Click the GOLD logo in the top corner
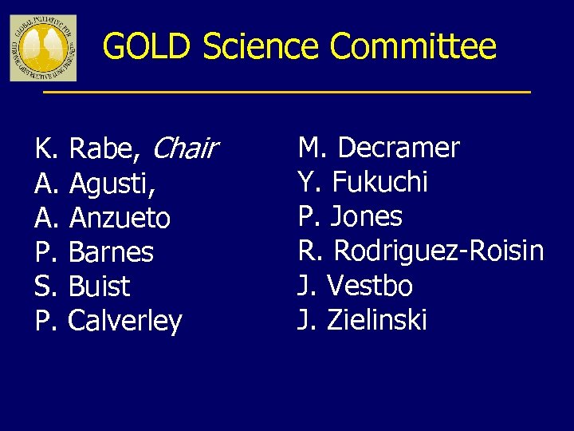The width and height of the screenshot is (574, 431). pos(43,48)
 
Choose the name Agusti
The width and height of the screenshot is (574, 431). pos(112,184)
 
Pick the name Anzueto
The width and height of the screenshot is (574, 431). pos(120,218)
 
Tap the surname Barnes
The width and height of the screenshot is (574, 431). pos(111,252)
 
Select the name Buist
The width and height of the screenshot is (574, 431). pos(100,287)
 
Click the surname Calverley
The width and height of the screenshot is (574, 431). pos(125,322)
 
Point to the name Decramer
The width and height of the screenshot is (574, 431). pos(399,148)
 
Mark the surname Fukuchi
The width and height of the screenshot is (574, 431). pos(379,182)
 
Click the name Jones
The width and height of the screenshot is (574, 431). pos(366,216)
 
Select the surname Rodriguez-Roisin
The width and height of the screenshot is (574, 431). pos(438,251)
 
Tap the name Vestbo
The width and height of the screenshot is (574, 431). pos(369,286)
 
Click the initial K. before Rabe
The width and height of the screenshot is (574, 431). pos(46,148)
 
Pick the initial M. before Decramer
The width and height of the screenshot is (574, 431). pos(313,148)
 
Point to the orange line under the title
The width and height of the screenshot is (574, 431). pos(286,93)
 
